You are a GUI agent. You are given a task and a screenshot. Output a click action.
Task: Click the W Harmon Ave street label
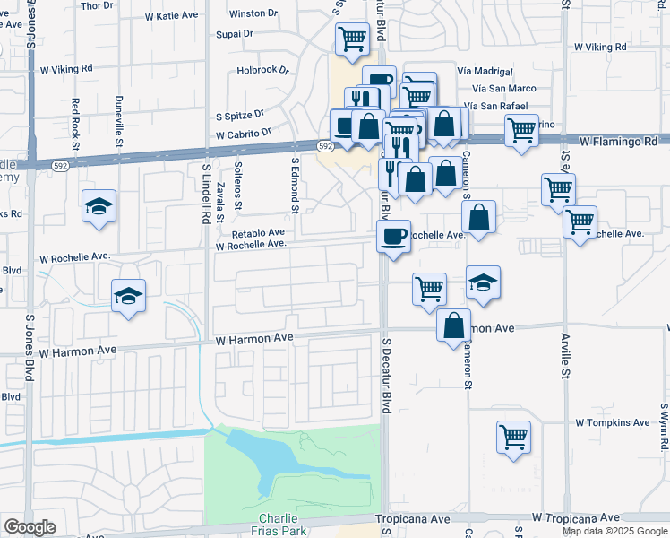[x=254, y=338]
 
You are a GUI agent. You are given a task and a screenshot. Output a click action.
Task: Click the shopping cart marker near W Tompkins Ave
[x=513, y=438]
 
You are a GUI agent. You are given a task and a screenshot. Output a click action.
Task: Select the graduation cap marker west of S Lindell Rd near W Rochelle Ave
[x=128, y=295]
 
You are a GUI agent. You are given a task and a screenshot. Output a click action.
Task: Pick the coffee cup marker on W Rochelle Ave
[x=393, y=237]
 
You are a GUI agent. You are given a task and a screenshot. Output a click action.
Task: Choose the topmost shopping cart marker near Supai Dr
[x=352, y=39]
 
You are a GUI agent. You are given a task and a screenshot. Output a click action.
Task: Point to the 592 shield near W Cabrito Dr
[x=325, y=145]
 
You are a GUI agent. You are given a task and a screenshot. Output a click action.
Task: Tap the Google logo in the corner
[x=30, y=527]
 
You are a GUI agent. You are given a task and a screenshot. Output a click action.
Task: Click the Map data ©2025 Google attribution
[x=614, y=531]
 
